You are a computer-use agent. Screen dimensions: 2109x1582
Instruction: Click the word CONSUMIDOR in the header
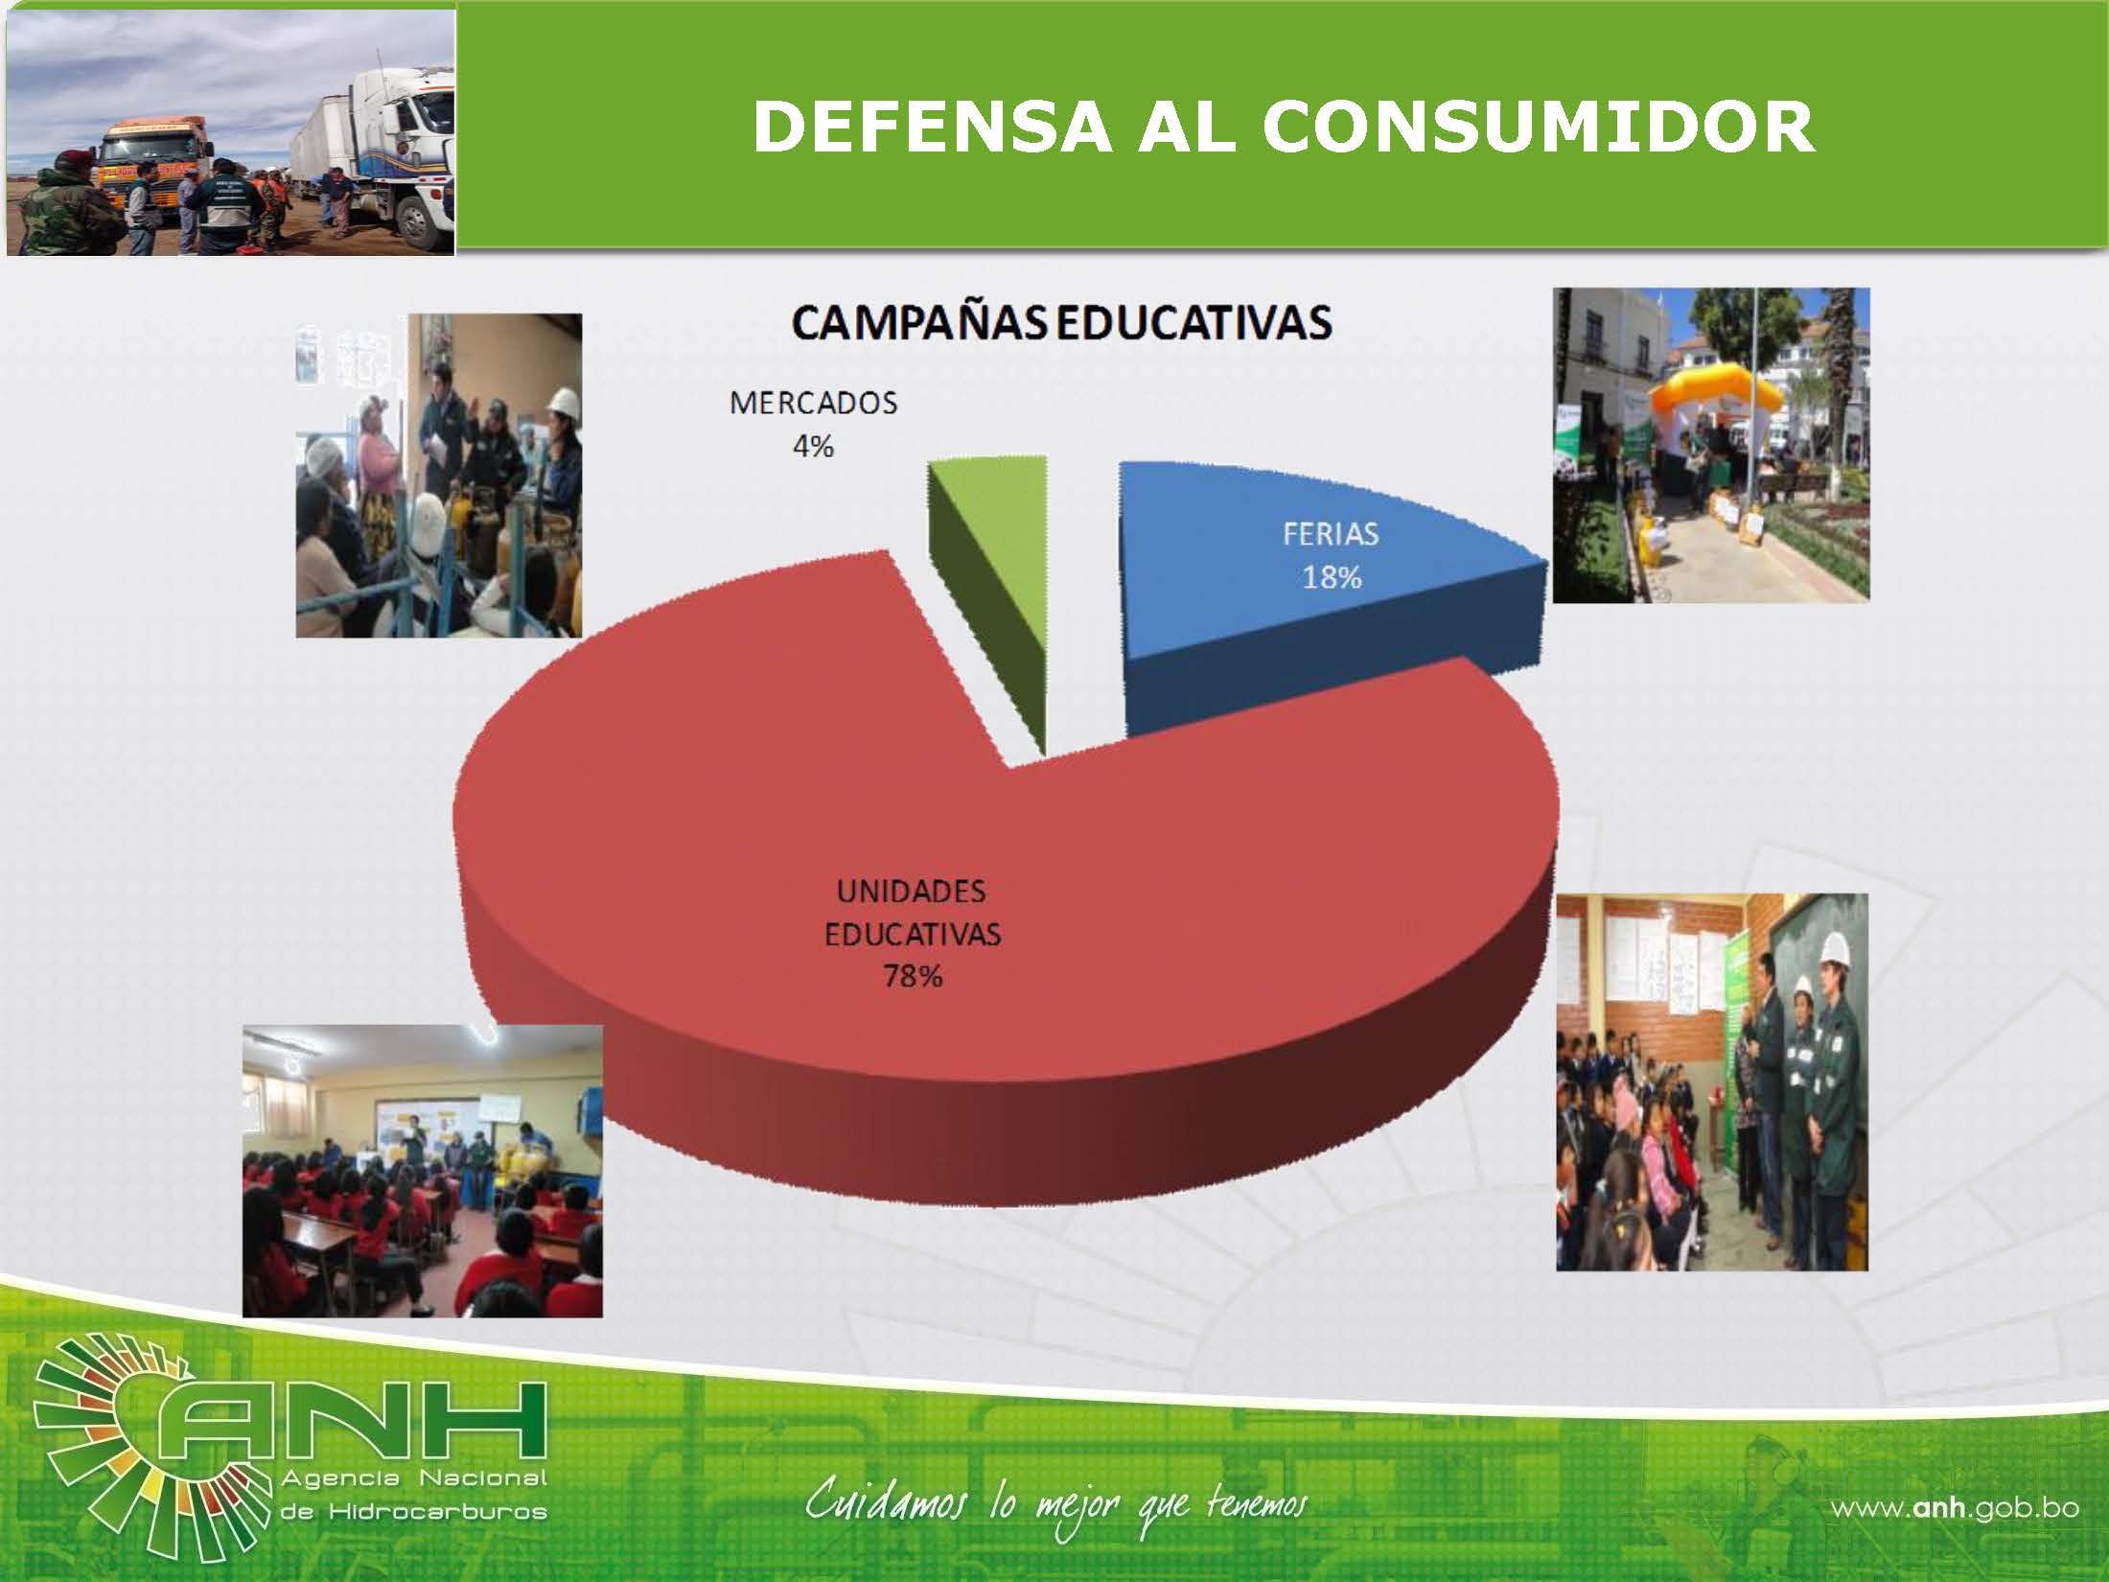coord(1538,127)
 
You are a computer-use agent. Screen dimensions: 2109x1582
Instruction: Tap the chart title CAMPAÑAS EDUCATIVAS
coord(1061,323)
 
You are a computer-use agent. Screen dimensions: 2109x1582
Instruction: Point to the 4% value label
coord(813,446)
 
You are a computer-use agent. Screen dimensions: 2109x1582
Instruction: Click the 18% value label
coord(1332,577)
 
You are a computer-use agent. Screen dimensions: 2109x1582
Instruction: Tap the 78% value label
coord(913,977)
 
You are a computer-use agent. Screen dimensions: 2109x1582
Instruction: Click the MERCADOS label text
coord(813,403)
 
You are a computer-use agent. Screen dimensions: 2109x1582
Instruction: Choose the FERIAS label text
coord(1331,534)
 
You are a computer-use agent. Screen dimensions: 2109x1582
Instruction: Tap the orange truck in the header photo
coord(153,153)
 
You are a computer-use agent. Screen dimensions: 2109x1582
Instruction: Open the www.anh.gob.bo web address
coord(1955,1507)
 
